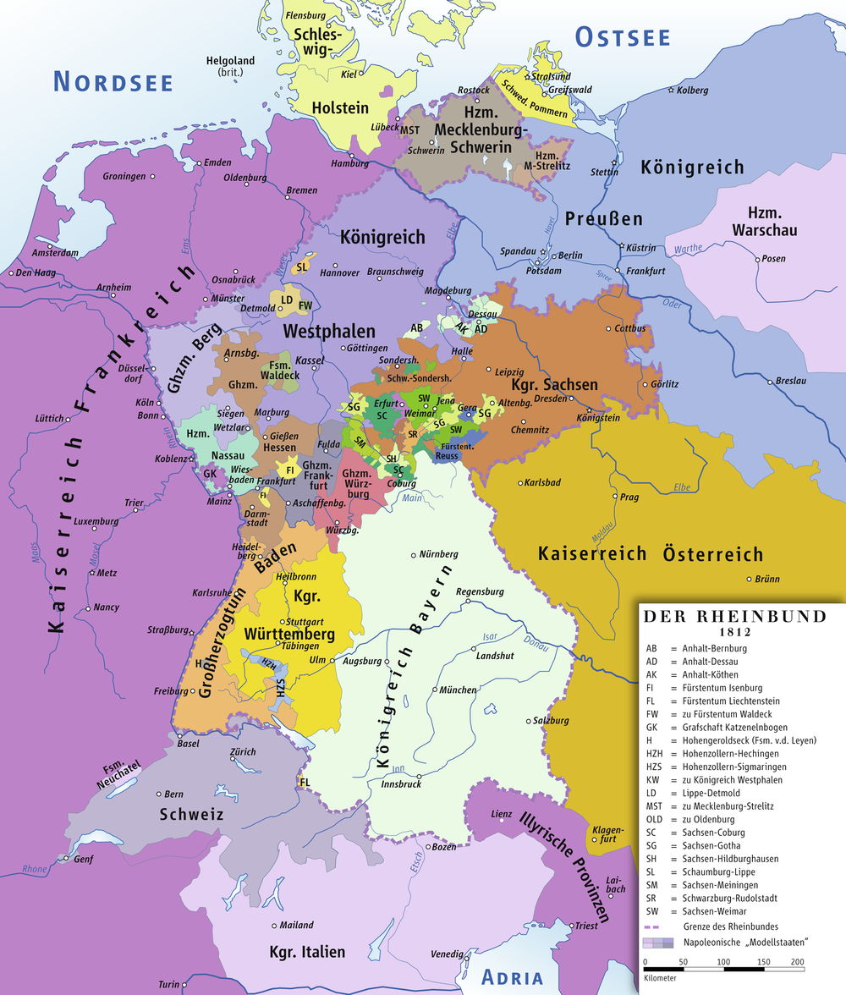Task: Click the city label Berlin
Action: [570, 256]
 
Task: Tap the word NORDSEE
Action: [113, 82]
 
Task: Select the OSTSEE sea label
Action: [623, 37]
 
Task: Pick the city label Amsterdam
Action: [55, 253]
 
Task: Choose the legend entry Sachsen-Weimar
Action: [708, 911]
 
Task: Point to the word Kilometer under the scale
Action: [661, 977]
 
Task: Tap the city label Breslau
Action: [791, 381]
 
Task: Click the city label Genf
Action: [83, 859]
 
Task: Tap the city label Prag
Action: [629, 497]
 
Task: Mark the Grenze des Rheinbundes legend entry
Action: [725, 926]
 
